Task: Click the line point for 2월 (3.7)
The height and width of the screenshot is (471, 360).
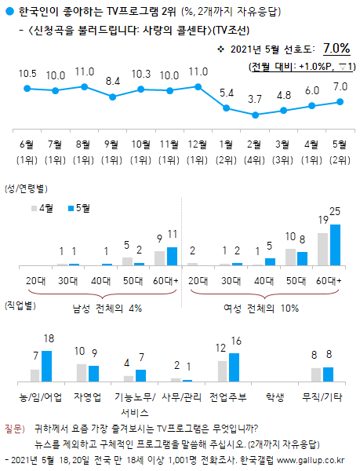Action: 255,115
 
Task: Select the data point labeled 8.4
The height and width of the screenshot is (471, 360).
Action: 113,97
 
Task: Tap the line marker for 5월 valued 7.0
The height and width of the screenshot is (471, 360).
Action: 340,101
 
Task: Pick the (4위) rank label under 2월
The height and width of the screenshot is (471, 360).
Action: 255,158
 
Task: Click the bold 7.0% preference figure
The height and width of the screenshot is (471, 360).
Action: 335,49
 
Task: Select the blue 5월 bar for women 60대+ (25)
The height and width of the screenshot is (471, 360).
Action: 336,246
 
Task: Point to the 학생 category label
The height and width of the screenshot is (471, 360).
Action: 275,396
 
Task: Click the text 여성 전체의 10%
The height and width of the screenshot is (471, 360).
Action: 267,308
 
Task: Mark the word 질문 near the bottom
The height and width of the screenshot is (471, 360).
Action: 13,429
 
